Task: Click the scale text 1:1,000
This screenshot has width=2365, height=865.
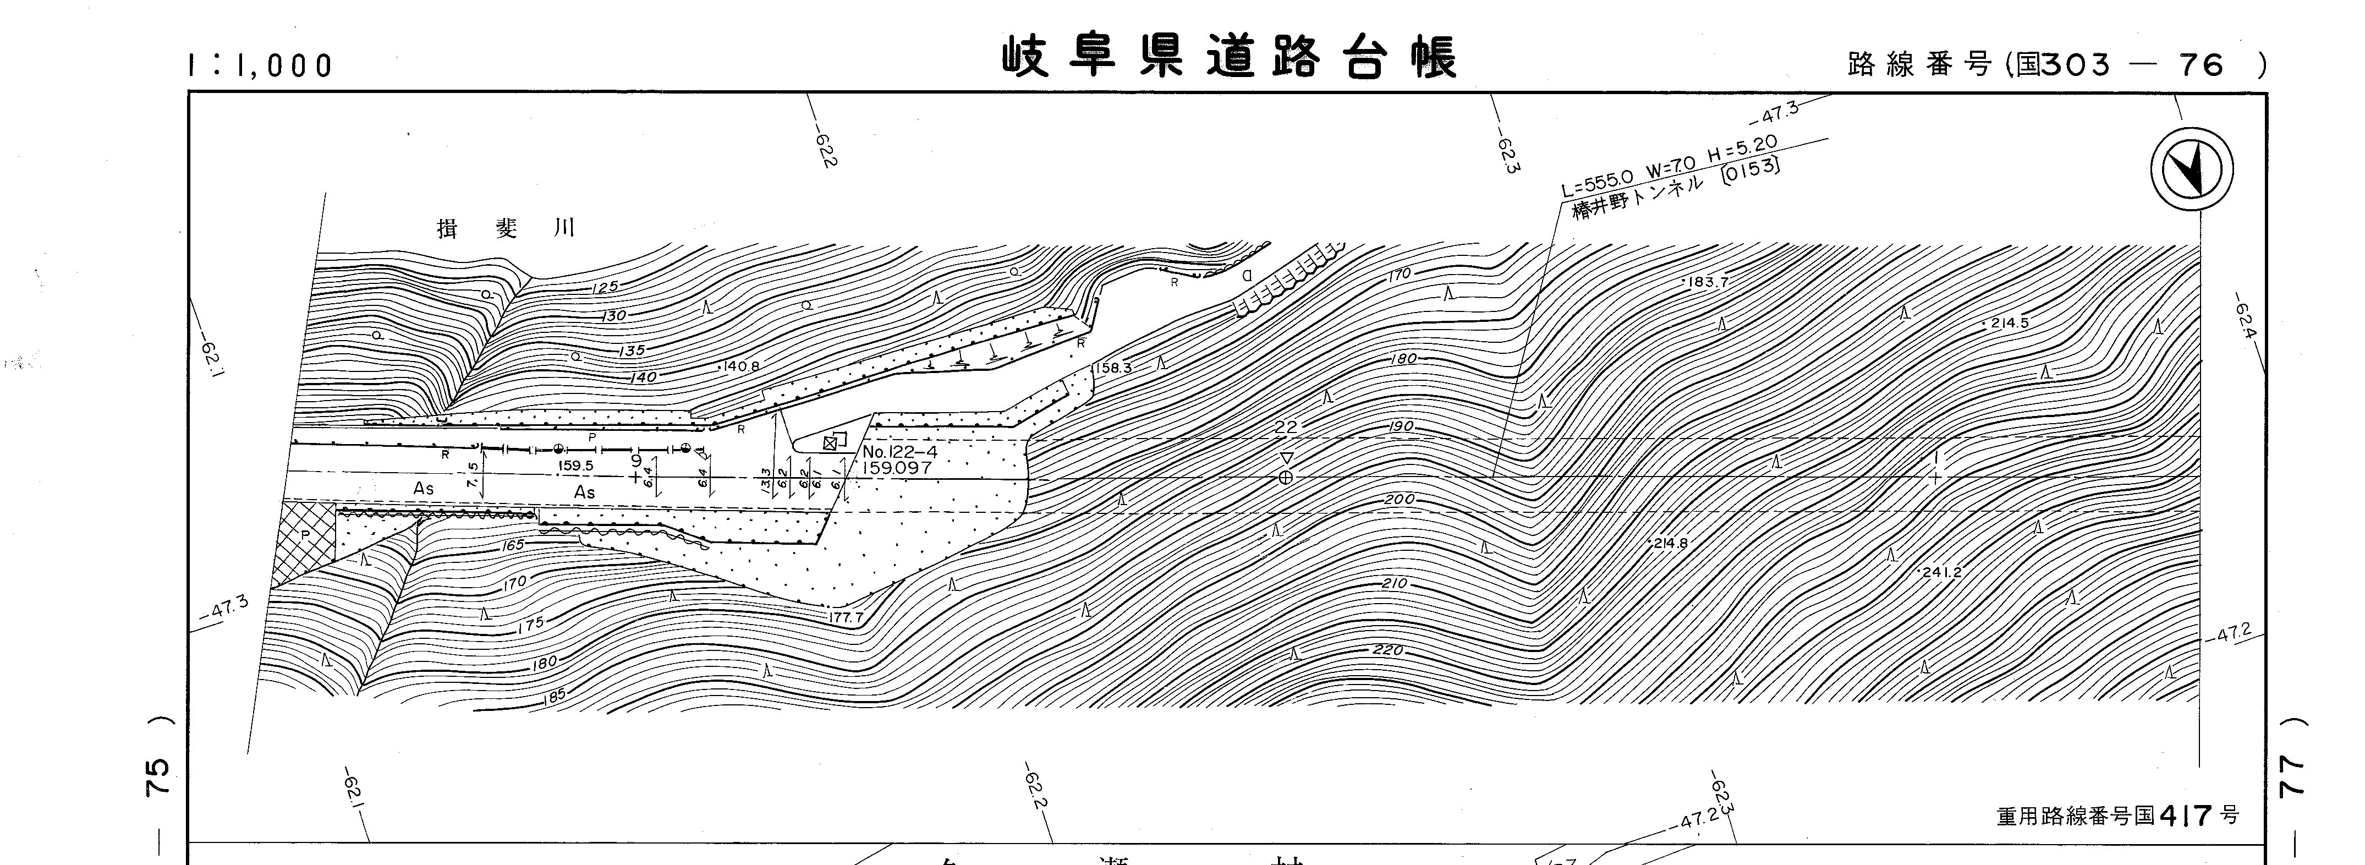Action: tap(260, 65)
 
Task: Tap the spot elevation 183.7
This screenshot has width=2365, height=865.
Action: tap(1708, 282)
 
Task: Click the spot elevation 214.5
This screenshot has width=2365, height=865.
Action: tap(2009, 323)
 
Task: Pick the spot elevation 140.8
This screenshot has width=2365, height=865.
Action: tap(741, 366)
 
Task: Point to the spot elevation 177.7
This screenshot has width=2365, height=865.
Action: tap(846, 618)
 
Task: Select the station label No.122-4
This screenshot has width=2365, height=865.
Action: tap(899, 452)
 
